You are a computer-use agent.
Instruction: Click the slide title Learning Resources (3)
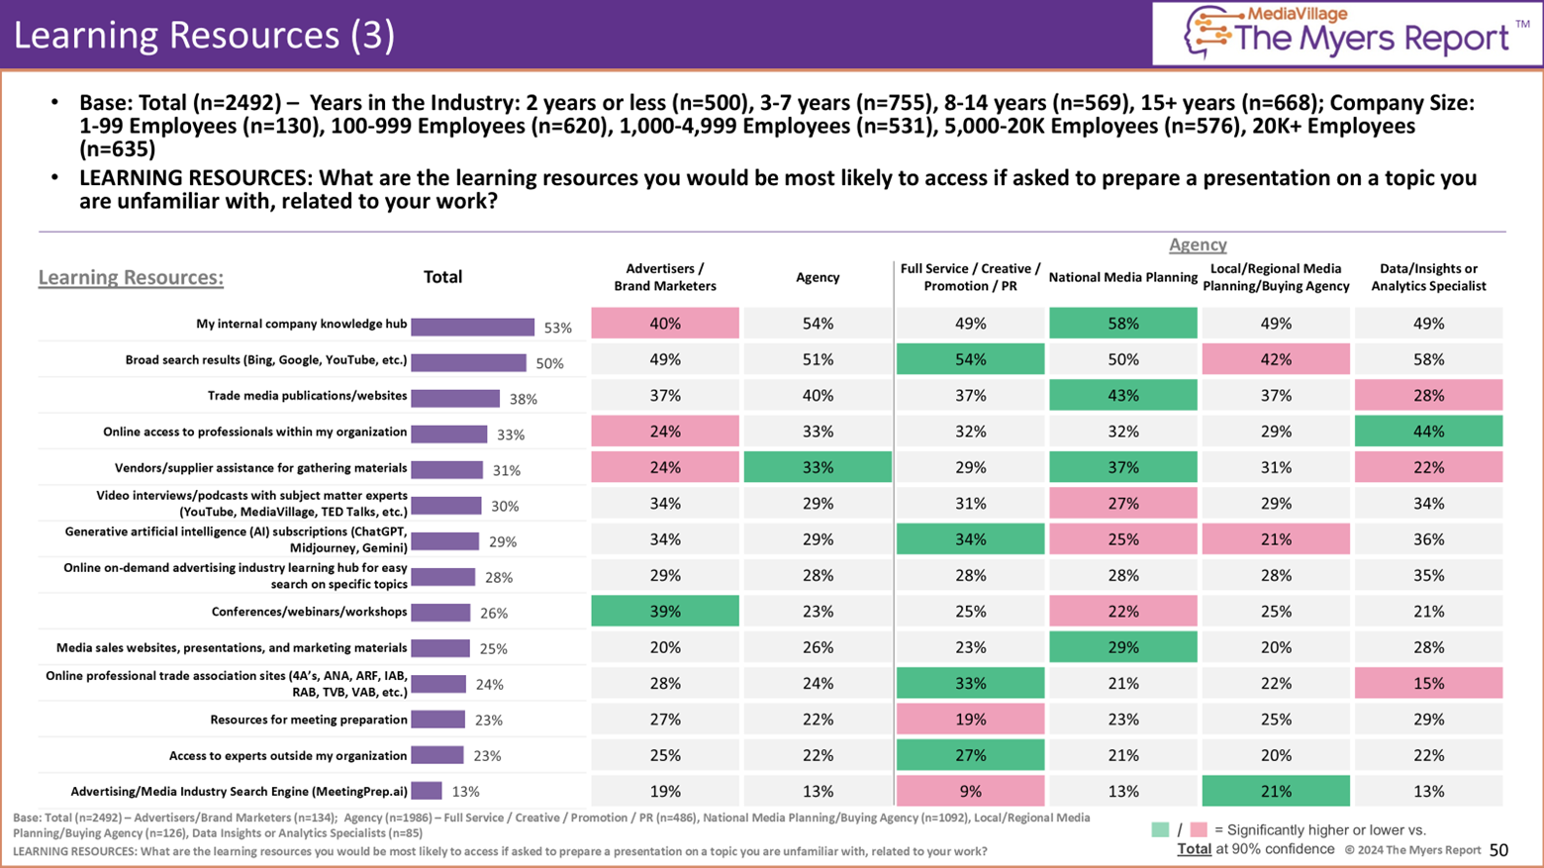pyautogui.click(x=204, y=35)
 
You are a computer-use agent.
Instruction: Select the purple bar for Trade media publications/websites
pyautogui.click(x=455, y=398)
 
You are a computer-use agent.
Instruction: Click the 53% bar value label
pyautogui.click(x=558, y=328)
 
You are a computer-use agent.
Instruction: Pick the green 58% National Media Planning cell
pyautogui.click(x=1122, y=324)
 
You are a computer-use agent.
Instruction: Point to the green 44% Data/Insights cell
pyautogui.click(x=1428, y=432)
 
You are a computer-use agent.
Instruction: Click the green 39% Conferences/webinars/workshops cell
pyautogui.click(x=665, y=612)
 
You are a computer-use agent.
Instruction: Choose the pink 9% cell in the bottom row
pyautogui.click(x=970, y=791)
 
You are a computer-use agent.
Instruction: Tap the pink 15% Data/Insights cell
pyautogui.click(x=1428, y=683)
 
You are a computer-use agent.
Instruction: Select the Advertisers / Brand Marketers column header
pyautogui.click(x=665, y=277)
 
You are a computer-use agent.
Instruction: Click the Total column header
pyautogui.click(x=442, y=277)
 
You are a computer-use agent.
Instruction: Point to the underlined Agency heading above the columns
pyautogui.click(x=1198, y=244)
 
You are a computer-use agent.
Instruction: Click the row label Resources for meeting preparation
pyautogui.click(x=308, y=720)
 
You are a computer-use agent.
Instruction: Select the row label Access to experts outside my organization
pyautogui.click(x=287, y=755)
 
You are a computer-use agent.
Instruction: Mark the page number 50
pyautogui.click(x=1498, y=850)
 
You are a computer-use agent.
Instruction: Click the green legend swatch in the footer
pyautogui.click(x=1160, y=829)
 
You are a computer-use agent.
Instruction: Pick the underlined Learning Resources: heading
pyautogui.click(x=131, y=277)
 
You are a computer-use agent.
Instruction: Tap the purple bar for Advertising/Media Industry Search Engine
pyautogui.click(x=427, y=791)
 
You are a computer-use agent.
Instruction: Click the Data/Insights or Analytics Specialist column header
pyautogui.click(x=1428, y=277)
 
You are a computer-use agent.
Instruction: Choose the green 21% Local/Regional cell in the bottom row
pyautogui.click(x=1276, y=791)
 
